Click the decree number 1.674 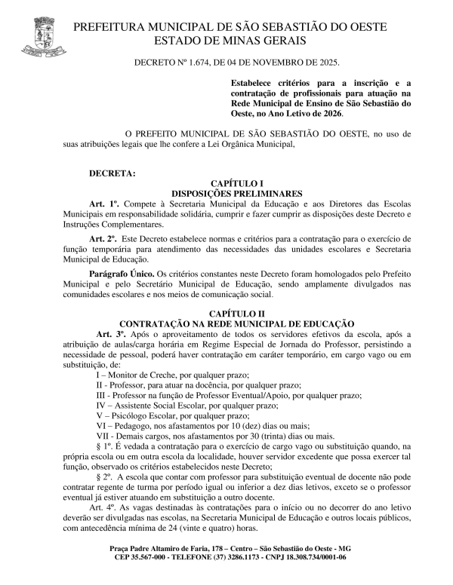pos(199,61)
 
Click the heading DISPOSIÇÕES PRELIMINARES pos(237,194)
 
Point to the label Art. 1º pos(103,204)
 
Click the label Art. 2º pos(103,238)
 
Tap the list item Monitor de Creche pos(140,374)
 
